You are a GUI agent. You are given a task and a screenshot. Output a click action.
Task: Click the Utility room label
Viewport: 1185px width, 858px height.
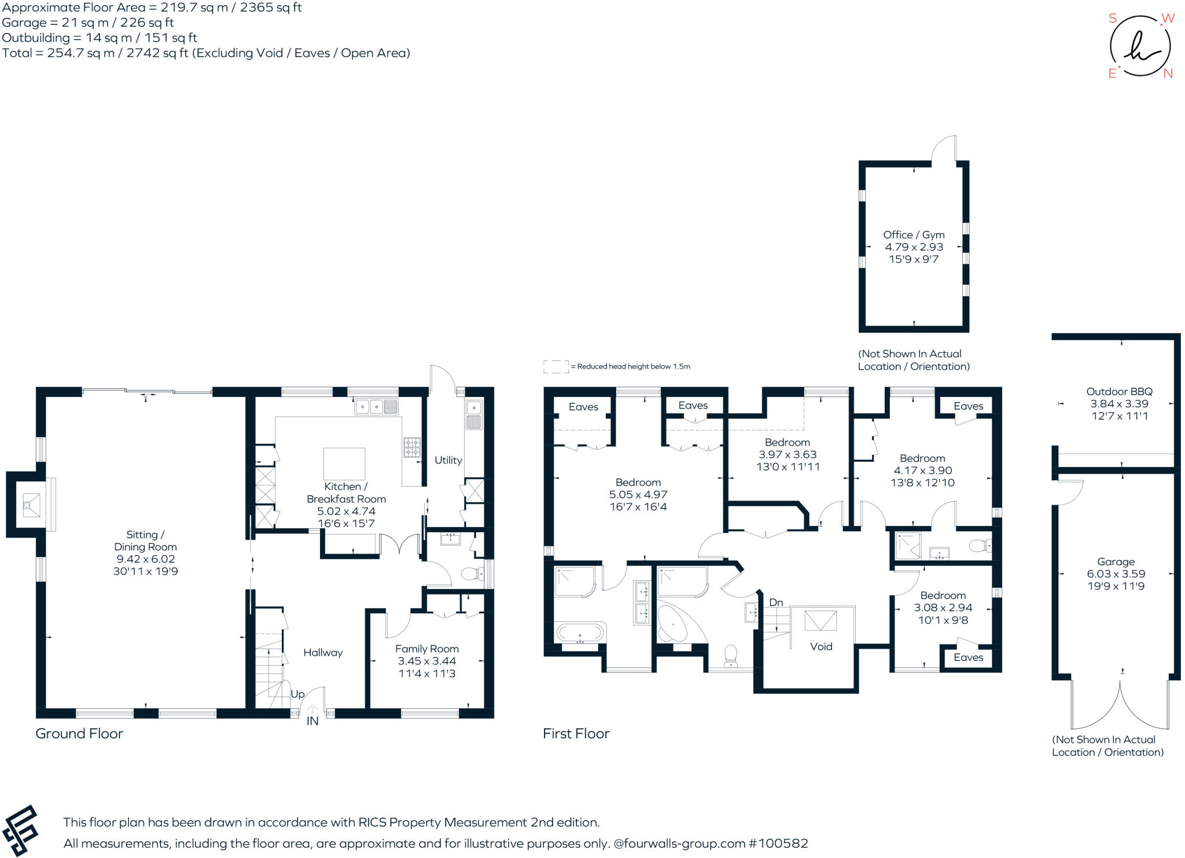pos(448,460)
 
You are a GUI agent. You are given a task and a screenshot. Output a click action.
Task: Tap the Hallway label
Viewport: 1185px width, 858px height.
pos(323,653)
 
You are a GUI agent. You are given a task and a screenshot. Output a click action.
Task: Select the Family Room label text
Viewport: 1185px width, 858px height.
pos(426,649)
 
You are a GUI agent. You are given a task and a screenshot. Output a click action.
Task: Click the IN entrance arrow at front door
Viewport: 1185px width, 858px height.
pos(312,709)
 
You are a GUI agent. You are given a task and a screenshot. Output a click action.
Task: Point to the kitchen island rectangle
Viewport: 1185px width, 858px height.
pos(344,463)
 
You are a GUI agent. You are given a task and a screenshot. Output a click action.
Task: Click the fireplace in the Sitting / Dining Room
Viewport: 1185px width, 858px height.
pos(31,505)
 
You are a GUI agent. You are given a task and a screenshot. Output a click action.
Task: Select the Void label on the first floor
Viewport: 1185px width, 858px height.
pos(821,647)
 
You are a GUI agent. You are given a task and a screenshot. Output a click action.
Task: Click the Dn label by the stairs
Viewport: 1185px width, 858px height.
pos(776,602)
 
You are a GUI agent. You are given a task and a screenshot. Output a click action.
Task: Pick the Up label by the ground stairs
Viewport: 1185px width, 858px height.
pos(297,694)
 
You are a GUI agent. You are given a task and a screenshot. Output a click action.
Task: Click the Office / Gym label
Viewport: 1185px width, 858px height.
pos(914,235)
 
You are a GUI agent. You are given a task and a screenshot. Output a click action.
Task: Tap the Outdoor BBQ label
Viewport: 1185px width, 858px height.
pos(1119,392)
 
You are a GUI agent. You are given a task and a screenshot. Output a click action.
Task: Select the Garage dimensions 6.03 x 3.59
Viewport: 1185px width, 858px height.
pos(1116,574)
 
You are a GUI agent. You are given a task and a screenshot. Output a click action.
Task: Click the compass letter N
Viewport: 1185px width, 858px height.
pos(1168,73)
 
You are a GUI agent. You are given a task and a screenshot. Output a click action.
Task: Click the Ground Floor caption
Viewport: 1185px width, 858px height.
pos(79,734)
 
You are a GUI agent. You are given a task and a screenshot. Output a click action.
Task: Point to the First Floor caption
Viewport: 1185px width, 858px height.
pos(576,734)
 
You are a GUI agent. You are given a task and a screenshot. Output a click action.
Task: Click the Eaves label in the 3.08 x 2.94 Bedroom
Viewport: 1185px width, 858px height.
pos(968,657)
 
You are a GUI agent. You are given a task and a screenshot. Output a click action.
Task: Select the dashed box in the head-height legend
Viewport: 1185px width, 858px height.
pos(555,366)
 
